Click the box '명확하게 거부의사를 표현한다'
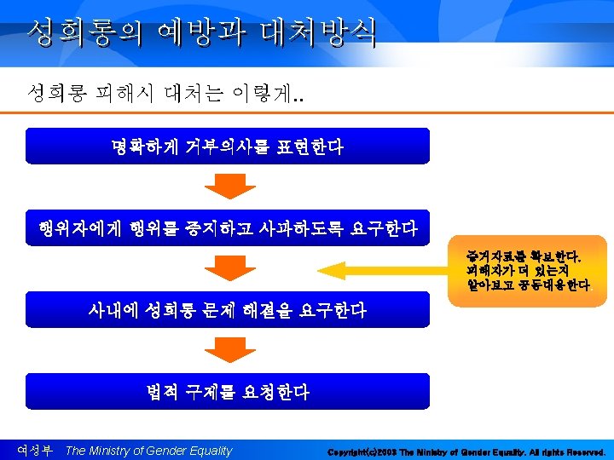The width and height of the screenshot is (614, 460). point(227,146)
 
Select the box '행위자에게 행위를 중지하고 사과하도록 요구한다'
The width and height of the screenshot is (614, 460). point(227,227)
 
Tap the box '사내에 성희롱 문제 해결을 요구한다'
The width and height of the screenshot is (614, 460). point(227,310)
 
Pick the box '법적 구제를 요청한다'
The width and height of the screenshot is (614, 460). point(227,392)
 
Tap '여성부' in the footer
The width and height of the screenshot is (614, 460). point(35,450)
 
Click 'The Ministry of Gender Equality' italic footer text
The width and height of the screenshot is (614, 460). point(148,451)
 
